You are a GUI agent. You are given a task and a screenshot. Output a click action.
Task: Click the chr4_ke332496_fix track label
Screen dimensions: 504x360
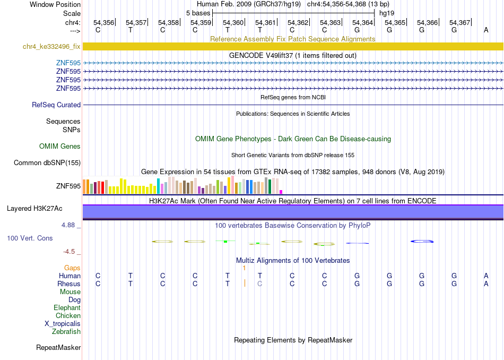click(51, 46)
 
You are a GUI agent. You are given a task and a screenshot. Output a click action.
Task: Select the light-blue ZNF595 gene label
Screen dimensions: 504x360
click(68, 63)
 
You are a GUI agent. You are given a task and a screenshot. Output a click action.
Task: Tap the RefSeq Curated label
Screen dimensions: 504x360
click(56, 105)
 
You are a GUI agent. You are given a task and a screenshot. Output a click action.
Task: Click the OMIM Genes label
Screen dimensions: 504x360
click(60, 147)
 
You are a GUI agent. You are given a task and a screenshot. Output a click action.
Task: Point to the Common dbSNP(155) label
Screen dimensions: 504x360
click(47, 163)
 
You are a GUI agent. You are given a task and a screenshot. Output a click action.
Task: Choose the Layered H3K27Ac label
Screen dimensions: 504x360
click(34, 209)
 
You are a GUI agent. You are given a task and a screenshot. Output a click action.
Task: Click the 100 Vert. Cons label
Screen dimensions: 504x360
click(30, 238)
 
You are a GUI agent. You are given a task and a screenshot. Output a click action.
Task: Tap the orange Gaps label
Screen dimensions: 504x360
click(72, 268)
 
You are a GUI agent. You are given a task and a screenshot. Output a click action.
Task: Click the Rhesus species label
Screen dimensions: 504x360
click(69, 284)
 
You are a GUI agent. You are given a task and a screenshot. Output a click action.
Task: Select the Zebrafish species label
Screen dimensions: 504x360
click(66, 332)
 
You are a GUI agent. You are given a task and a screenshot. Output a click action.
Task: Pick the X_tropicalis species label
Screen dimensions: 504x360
click(63, 324)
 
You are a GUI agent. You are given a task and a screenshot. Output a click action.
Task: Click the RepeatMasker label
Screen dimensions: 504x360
click(58, 347)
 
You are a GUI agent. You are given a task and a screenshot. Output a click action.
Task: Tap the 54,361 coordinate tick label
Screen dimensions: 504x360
click(265, 22)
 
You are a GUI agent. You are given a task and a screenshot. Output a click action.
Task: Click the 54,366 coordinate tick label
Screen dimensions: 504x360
click(428, 22)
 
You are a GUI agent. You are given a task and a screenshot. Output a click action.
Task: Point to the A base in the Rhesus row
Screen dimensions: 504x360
click(486, 284)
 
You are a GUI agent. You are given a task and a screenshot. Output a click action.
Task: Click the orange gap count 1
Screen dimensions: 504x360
click(244, 268)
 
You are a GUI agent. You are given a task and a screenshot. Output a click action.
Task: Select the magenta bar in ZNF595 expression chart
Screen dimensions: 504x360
click(281, 192)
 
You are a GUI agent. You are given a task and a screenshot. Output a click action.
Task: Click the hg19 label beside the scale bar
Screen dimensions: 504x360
click(387, 13)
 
